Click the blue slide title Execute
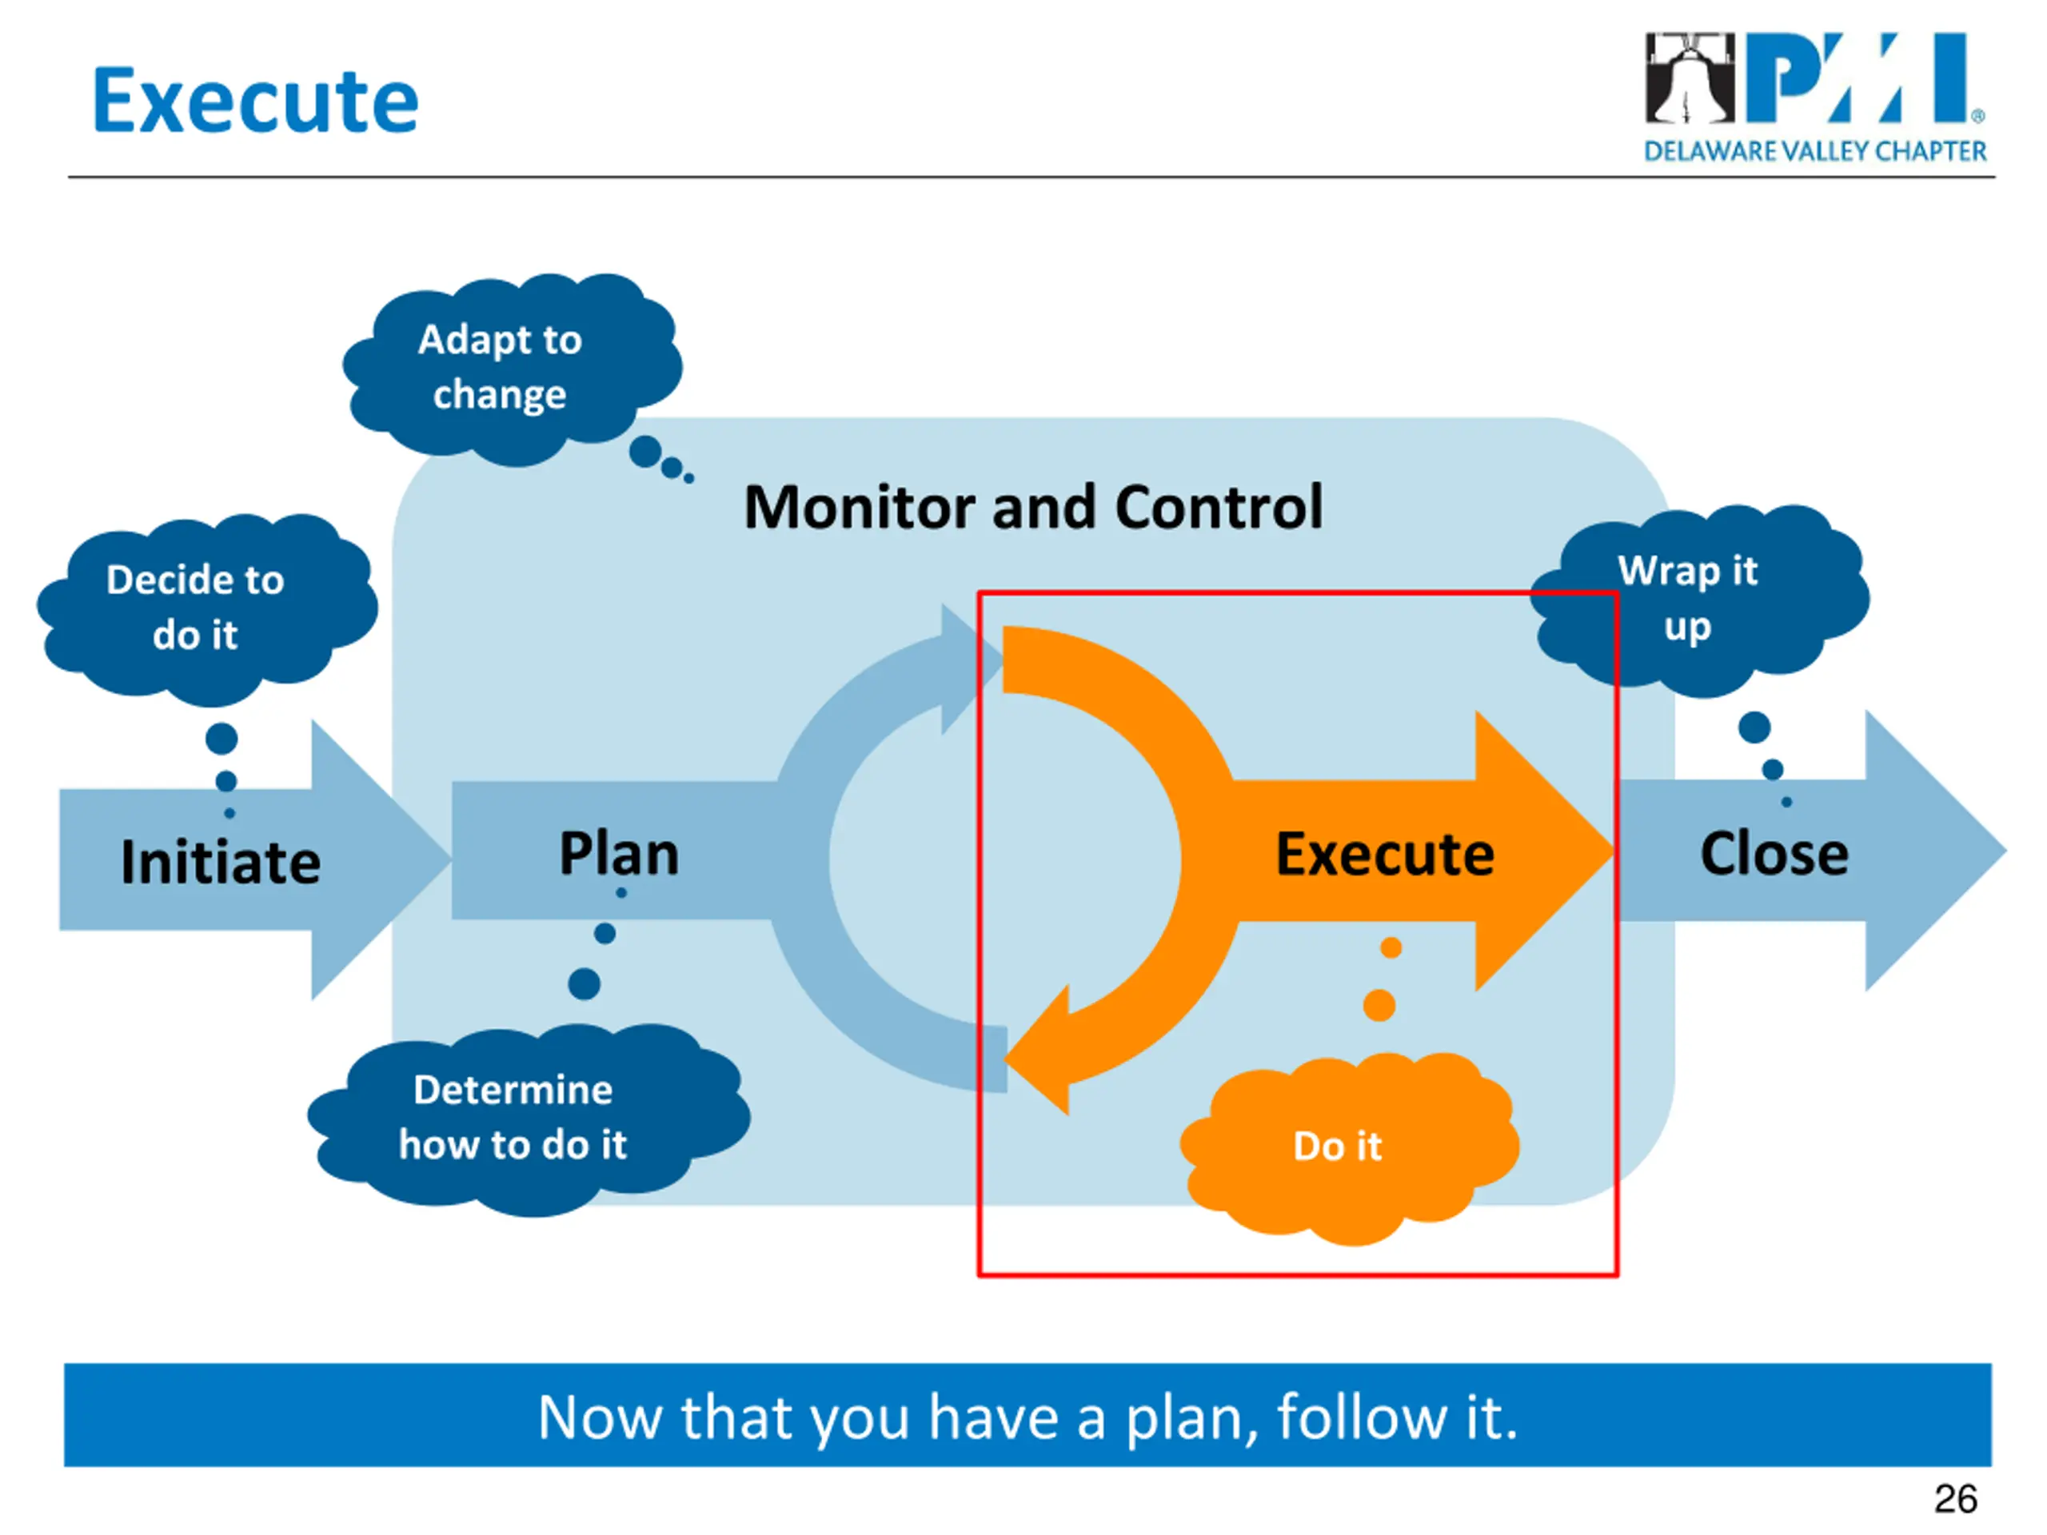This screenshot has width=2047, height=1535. pyautogui.click(x=255, y=101)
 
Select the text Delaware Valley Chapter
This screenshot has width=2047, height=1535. pyautogui.click(x=1815, y=151)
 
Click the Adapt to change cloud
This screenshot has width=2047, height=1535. pyautogui.click(x=512, y=369)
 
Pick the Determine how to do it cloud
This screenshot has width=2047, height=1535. pyautogui.click(x=529, y=1118)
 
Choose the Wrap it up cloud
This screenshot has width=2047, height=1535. pyautogui.click(x=1699, y=600)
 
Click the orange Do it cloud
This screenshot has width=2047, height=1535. pyautogui.click(x=1349, y=1148)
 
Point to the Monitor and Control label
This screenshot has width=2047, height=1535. pyautogui.click(x=1034, y=507)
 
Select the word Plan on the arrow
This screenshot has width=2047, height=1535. pyautogui.click(x=619, y=853)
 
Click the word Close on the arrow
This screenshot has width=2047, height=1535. pyautogui.click(x=1774, y=854)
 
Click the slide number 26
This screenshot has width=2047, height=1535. pyautogui.click(x=1955, y=1499)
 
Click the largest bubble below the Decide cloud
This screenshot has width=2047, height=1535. pyautogui.click(x=221, y=739)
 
